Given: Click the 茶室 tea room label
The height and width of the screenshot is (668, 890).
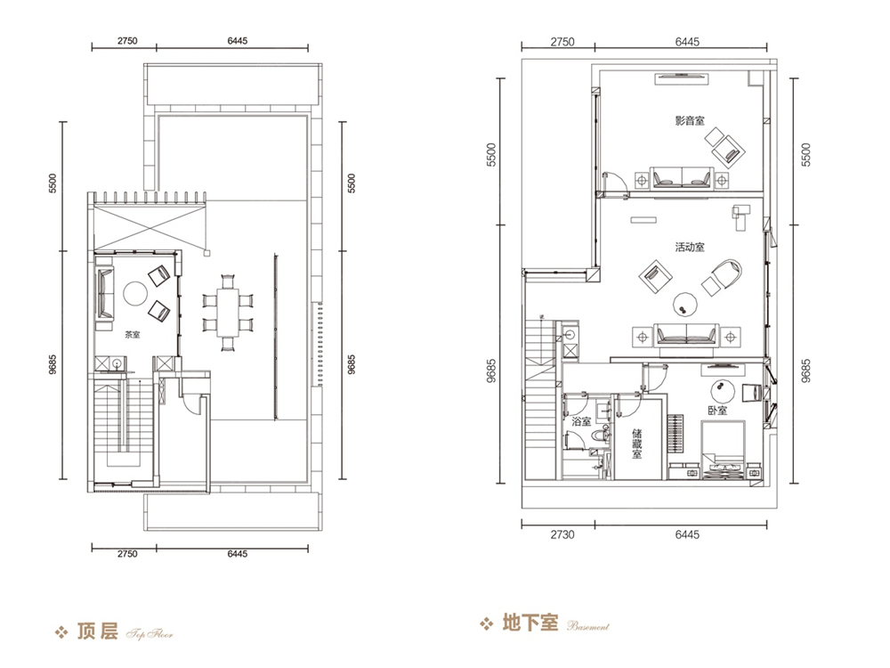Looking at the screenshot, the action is click(133, 335).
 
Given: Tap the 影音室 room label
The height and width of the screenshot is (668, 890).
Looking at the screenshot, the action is click(690, 120).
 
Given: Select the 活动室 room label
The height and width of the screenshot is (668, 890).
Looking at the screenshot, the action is click(690, 247).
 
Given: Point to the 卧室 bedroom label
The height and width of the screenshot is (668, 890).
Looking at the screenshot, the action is click(716, 410).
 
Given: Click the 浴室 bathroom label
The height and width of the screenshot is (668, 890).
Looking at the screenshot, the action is click(581, 421).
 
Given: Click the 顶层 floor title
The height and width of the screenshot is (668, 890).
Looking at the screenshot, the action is click(97, 631).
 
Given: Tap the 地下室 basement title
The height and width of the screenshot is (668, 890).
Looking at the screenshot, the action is click(530, 623).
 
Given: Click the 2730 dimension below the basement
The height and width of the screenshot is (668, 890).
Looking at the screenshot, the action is click(562, 534).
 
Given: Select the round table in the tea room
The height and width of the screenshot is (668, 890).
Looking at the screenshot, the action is click(135, 294).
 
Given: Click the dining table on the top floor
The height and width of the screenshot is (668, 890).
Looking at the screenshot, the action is click(228, 312).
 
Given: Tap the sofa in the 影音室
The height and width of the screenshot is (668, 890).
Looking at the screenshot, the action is click(681, 177).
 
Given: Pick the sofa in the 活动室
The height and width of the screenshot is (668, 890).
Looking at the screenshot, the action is click(686, 334).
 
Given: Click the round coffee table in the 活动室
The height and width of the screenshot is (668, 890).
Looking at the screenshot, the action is click(685, 304).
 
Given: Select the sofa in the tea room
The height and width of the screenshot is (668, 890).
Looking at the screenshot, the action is click(104, 293).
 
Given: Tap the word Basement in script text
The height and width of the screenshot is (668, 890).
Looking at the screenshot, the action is click(588, 626).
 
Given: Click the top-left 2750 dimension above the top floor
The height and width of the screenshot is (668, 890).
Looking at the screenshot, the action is click(127, 41).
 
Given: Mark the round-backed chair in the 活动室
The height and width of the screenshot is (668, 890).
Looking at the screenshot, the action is click(722, 277).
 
